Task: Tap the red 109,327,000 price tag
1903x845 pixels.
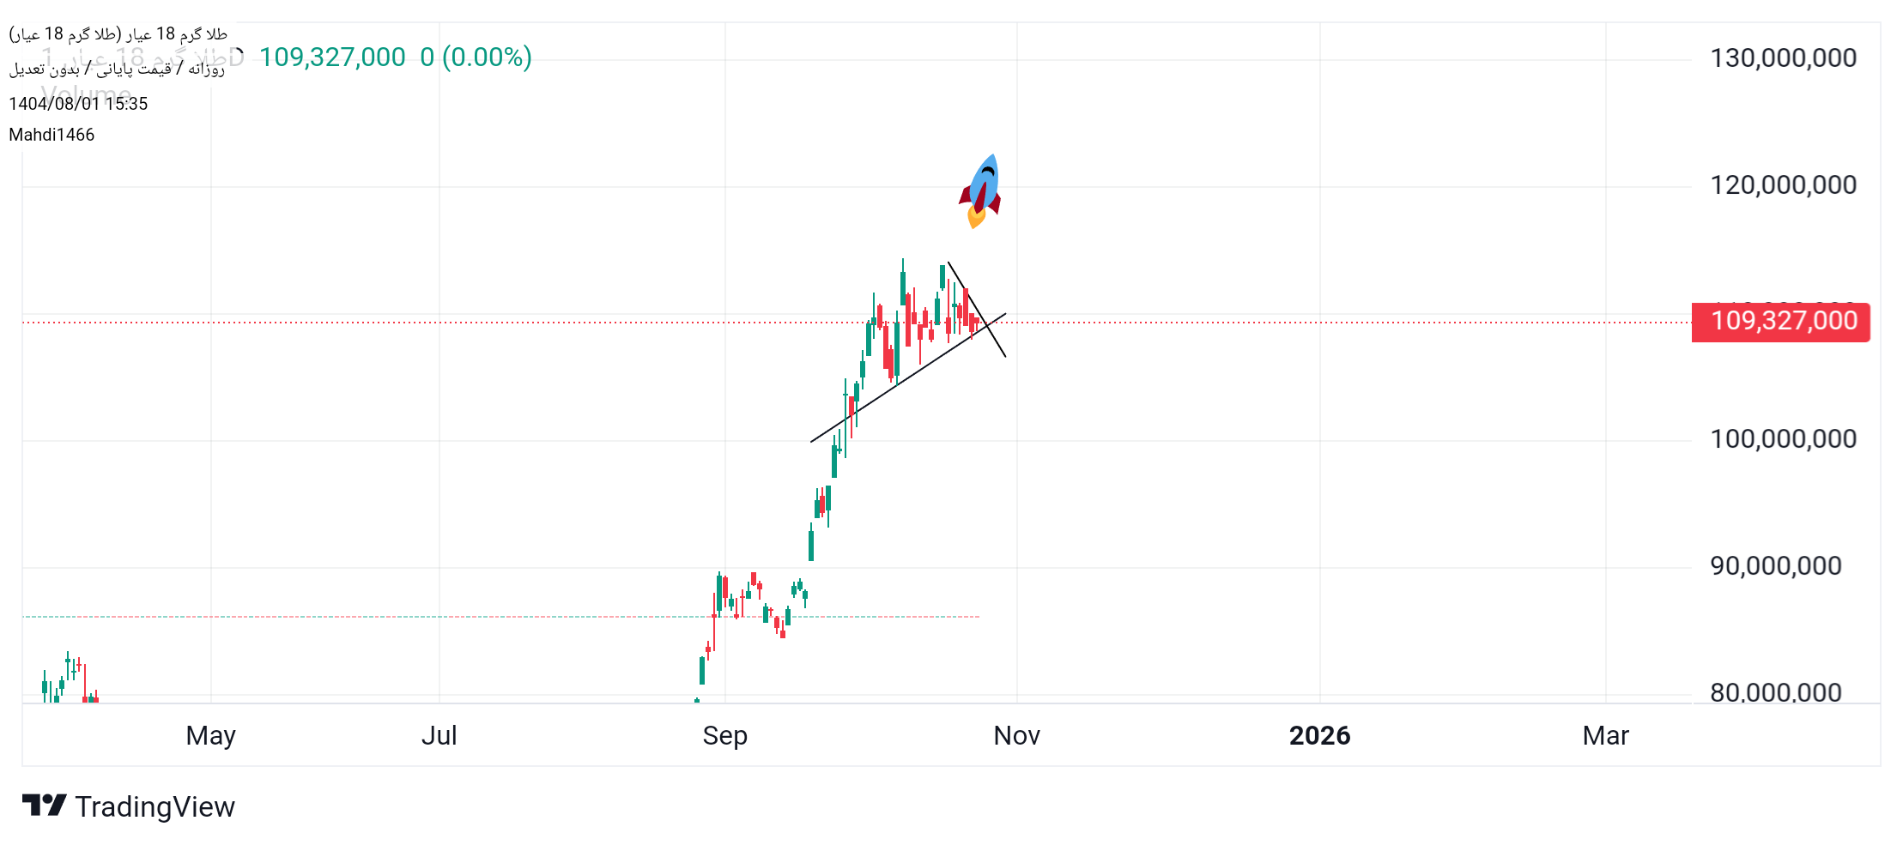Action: tap(1781, 322)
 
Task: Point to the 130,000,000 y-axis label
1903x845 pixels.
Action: tap(1783, 58)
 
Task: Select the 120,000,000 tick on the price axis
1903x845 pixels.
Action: tap(1783, 185)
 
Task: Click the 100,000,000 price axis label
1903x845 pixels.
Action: tap(1783, 439)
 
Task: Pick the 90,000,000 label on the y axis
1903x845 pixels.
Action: tap(1775, 566)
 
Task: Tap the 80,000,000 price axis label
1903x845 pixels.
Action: tap(1775, 692)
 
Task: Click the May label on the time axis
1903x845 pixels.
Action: tap(210, 736)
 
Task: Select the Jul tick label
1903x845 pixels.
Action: tap(439, 736)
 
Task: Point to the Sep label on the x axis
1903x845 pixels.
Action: tap(724, 736)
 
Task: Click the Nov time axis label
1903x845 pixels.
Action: tap(1016, 736)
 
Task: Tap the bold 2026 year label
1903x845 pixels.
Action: tap(1319, 736)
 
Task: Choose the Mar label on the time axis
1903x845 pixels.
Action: tap(1605, 736)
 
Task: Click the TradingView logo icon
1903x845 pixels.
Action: tap(44, 806)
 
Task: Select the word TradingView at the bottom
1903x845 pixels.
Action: tap(155, 807)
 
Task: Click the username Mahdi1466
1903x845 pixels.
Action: tap(52, 135)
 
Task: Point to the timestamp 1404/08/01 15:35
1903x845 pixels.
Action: tap(78, 104)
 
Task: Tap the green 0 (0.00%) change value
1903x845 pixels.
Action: tap(476, 57)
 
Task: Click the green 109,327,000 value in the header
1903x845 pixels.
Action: tap(332, 57)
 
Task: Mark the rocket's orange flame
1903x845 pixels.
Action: tap(975, 218)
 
